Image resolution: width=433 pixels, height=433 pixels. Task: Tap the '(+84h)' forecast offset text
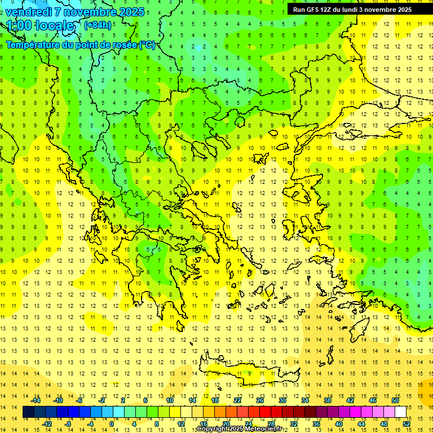97,25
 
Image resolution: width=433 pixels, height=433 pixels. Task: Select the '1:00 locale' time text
41,25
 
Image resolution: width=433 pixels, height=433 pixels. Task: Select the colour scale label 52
407,424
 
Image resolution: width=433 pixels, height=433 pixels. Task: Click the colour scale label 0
111,424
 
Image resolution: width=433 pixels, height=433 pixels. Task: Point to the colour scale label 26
260,400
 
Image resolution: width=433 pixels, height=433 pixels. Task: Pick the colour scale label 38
328,400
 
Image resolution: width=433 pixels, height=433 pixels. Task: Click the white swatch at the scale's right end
400,412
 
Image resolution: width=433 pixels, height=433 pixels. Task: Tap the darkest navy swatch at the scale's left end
28,412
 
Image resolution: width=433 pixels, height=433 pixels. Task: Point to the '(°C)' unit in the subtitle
148,45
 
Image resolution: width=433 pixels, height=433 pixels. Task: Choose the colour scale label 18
215,400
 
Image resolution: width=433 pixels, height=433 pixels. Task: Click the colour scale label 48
384,424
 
